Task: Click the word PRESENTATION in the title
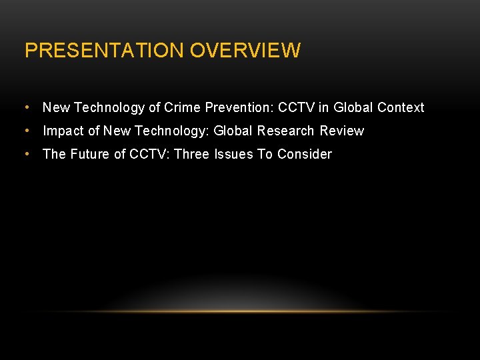[105, 51]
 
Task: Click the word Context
[401, 107]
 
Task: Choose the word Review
[341, 131]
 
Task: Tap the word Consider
[305, 154]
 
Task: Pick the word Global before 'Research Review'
[233, 131]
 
